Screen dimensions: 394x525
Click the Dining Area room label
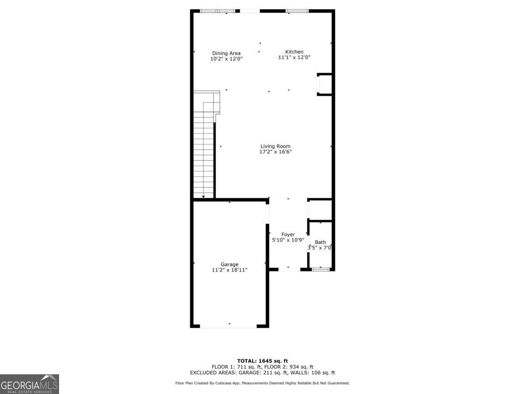coord(226,53)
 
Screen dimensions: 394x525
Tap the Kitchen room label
coord(294,52)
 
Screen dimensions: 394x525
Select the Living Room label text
coord(275,146)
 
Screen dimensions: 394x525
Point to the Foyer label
coord(288,235)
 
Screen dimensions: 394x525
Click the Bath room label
coord(321,242)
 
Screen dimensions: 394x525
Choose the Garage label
coord(229,264)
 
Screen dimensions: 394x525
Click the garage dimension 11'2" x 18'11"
coord(229,270)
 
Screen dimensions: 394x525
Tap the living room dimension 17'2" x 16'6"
coord(275,152)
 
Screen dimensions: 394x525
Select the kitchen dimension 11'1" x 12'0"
coord(294,57)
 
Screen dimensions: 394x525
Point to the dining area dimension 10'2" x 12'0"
coord(226,59)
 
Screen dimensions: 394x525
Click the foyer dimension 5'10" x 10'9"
coord(288,240)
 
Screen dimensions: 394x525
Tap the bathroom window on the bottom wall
coord(321,269)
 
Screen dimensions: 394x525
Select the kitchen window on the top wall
coord(297,11)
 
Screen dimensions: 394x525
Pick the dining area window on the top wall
coord(217,11)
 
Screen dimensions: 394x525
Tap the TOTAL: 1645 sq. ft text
coord(262,361)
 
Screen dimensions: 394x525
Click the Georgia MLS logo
coord(29,384)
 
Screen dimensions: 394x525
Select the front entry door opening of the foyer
coord(289,270)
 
